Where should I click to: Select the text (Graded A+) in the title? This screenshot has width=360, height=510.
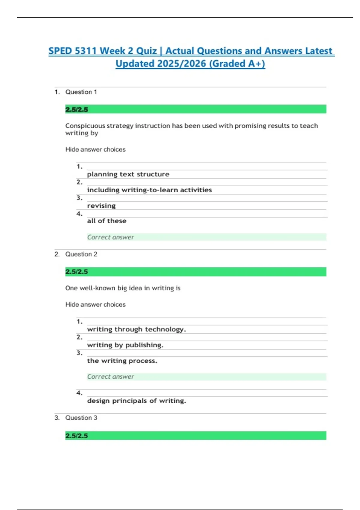click(x=237, y=64)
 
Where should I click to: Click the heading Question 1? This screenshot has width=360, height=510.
click(x=81, y=92)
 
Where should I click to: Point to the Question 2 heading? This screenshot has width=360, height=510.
click(x=81, y=254)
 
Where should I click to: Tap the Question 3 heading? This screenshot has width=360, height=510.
click(x=81, y=418)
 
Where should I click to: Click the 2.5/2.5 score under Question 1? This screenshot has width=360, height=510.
click(x=76, y=109)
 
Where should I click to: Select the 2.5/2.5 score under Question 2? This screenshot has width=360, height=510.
click(x=76, y=272)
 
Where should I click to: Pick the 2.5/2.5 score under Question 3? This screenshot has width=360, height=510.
click(x=76, y=436)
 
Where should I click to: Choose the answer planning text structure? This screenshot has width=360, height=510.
click(x=128, y=174)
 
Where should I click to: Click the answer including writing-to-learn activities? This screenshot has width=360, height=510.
click(x=149, y=190)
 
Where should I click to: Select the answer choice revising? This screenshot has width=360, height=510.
click(x=101, y=206)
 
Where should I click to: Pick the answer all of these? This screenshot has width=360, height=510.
click(x=106, y=221)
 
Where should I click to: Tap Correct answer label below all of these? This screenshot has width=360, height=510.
click(x=110, y=237)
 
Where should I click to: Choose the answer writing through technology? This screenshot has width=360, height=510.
click(x=136, y=329)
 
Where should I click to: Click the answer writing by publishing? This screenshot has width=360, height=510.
click(x=125, y=345)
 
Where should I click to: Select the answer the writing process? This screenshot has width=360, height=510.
click(x=122, y=361)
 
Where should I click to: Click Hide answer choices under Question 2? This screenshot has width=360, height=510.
click(x=95, y=304)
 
